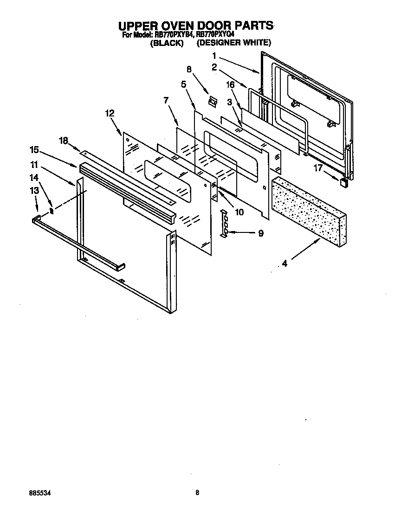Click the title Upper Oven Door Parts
[x=195, y=26]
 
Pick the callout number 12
[x=110, y=113]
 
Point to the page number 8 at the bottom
[x=197, y=493]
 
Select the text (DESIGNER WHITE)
[x=233, y=43]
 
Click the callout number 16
[x=230, y=85]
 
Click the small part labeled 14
[x=52, y=211]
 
